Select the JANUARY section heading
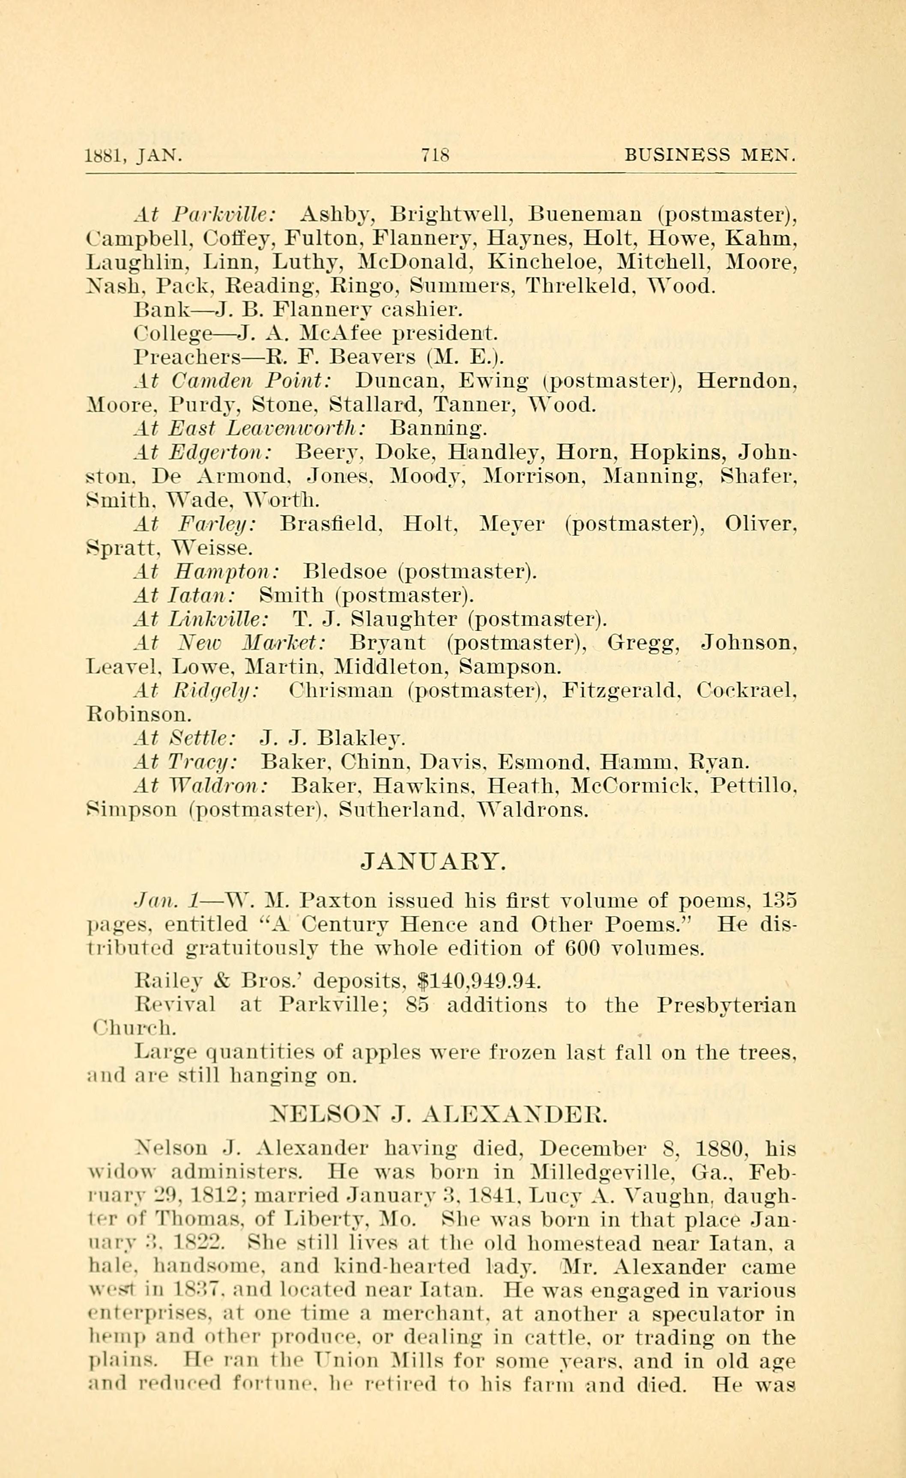tap(434, 861)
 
